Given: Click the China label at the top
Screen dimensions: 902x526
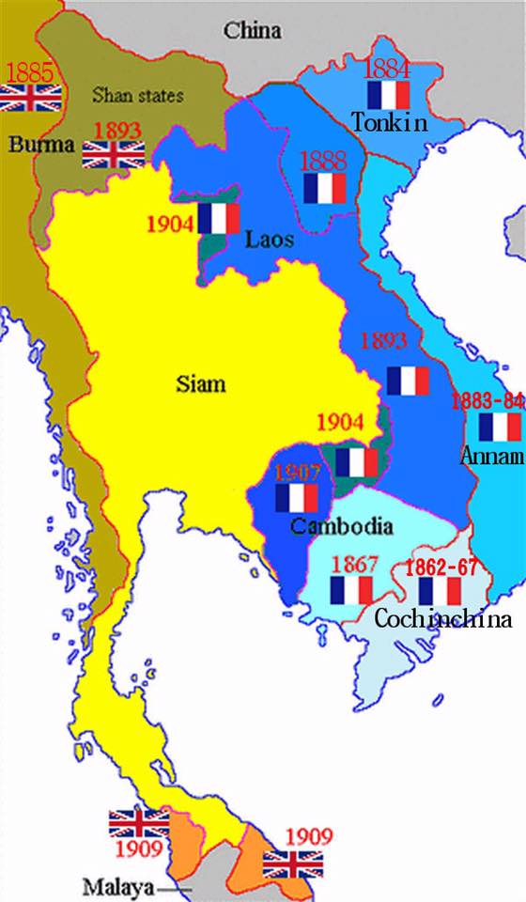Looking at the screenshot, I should coord(252,30).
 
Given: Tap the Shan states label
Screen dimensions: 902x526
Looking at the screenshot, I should coord(137,95).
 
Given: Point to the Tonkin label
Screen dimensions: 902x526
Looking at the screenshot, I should coord(390,122).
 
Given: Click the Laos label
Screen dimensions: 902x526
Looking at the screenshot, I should coord(270,240).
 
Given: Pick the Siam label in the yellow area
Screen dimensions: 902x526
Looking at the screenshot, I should coord(201,383).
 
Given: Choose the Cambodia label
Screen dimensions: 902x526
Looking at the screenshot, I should coord(341,526).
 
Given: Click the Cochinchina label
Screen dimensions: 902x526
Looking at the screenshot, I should coord(443,619).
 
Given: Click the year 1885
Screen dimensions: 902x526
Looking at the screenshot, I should coord(31,71).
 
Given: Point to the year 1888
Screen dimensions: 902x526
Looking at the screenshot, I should coord(324,160).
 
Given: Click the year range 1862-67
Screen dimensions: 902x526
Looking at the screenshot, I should coord(439,567).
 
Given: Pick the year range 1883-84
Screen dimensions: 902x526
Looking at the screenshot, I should coord(487,401).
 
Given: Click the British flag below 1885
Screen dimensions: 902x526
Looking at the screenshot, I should coord(31,97).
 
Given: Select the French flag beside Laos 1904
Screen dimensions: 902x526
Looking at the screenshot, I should coord(219,218).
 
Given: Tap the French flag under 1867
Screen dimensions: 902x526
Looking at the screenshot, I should coord(352,590).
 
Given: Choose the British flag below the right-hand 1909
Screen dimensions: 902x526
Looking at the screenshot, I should coord(293,863).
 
